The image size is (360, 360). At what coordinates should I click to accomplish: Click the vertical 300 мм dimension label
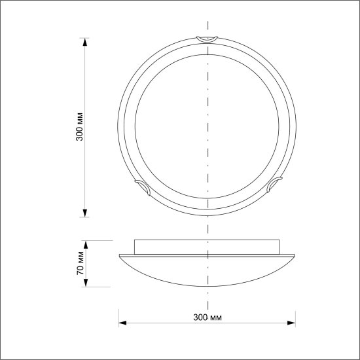click(x=79, y=127)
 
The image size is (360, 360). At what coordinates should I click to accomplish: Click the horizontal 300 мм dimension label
click(x=207, y=317)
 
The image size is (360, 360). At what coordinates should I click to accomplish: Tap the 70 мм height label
click(x=81, y=263)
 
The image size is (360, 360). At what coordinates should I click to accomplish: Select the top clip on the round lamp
click(x=207, y=39)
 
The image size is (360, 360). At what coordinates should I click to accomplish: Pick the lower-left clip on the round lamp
click(x=143, y=187)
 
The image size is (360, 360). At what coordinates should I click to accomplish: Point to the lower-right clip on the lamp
click(x=274, y=184)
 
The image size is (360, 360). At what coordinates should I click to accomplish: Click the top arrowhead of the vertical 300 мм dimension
click(x=85, y=42)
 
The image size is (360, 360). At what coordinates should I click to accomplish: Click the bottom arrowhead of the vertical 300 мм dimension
click(x=85, y=213)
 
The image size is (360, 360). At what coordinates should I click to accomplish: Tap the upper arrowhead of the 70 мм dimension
click(x=86, y=245)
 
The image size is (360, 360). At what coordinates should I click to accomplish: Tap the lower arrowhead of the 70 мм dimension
click(x=86, y=283)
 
